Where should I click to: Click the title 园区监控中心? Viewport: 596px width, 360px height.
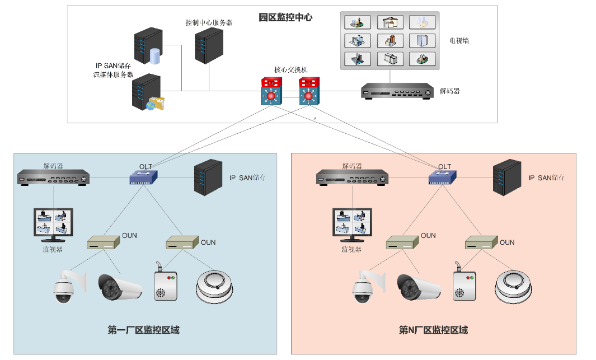point(285,17)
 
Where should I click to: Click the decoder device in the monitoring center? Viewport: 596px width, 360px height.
point(398,91)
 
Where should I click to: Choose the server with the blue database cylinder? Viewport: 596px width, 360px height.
point(148,48)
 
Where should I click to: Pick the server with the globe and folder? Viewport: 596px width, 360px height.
point(147,92)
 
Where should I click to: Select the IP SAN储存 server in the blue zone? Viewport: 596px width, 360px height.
point(208,177)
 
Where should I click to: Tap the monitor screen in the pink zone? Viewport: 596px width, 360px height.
point(353,225)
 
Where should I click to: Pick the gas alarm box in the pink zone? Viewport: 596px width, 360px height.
point(464,283)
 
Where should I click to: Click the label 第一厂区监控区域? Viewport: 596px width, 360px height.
point(143,330)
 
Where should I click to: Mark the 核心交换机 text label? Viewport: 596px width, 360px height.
point(290,70)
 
